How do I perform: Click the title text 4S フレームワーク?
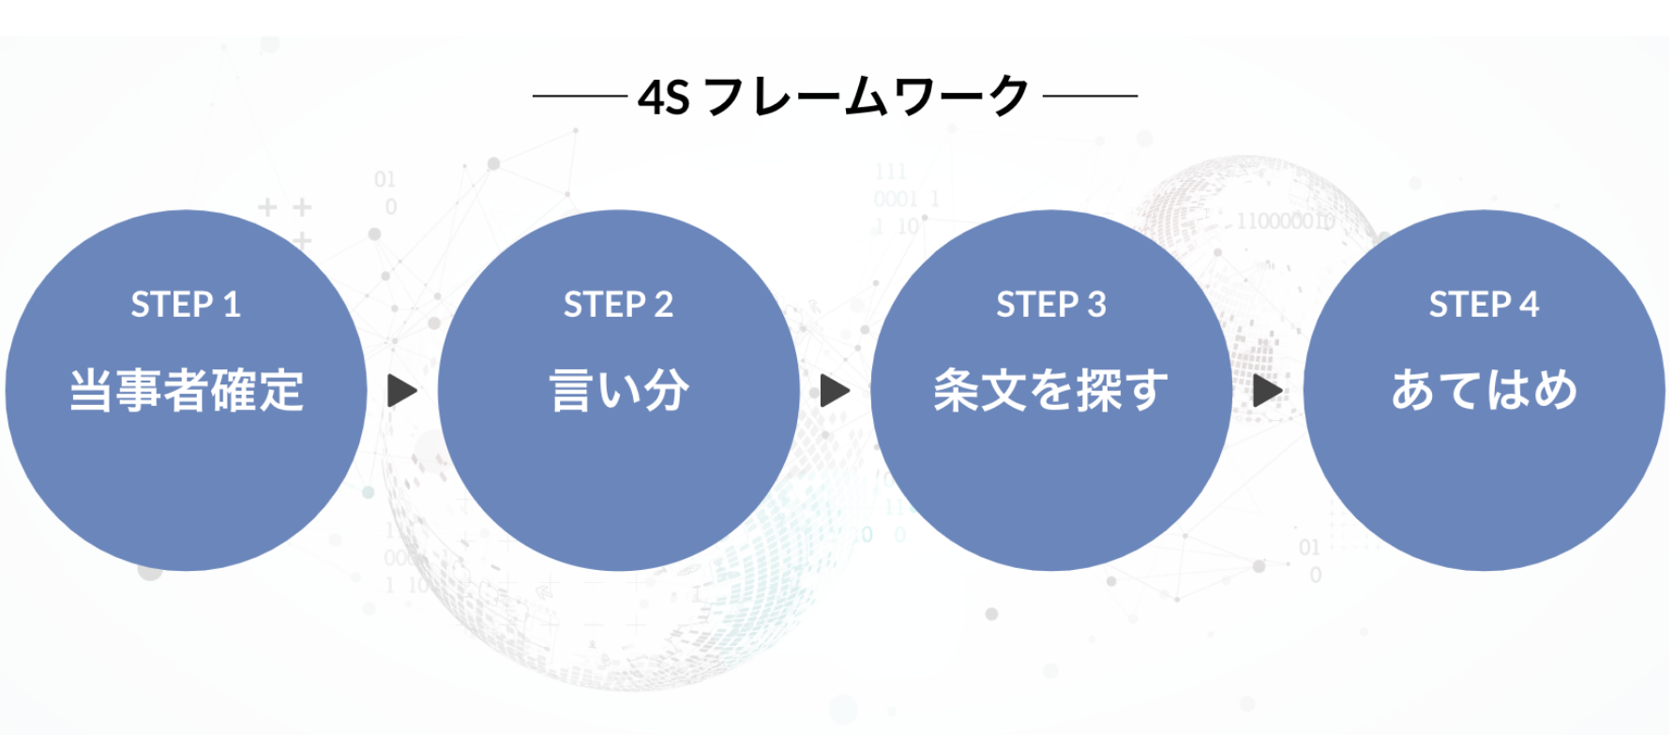pyautogui.click(x=834, y=97)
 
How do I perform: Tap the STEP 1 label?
pyautogui.click(x=186, y=305)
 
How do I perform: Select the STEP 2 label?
pyautogui.click(x=618, y=305)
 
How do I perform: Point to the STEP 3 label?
pyautogui.click(x=1051, y=305)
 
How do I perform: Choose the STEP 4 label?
pyautogui.click(x=1484, y=305)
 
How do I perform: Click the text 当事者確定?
pyautogui.click(x=186, y=390)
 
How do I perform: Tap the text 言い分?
pyautogui.click(x=618, y=390)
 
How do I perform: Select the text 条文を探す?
pyautogui.click(x=1051, y=390)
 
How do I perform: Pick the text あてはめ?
pyautogui.click(x=1484, y=390)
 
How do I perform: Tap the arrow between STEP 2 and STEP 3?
pyautogui.click(x=835, y=391)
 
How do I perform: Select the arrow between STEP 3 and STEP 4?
pyautogui.click(x=1267, y=391)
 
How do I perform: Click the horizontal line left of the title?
pyautogui.click(x=579, y=96)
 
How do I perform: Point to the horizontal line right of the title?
pyautogui.click(x=1090, y=96)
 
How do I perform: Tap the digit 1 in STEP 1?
pyautogui.click(x=232, y=305)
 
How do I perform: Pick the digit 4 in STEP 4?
pyautogui.click(x=1530, y=305)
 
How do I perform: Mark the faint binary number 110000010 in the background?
pyautogui.click(x=1285, y=221)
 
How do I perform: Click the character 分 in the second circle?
pyautogui.click(x=666, y=390)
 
